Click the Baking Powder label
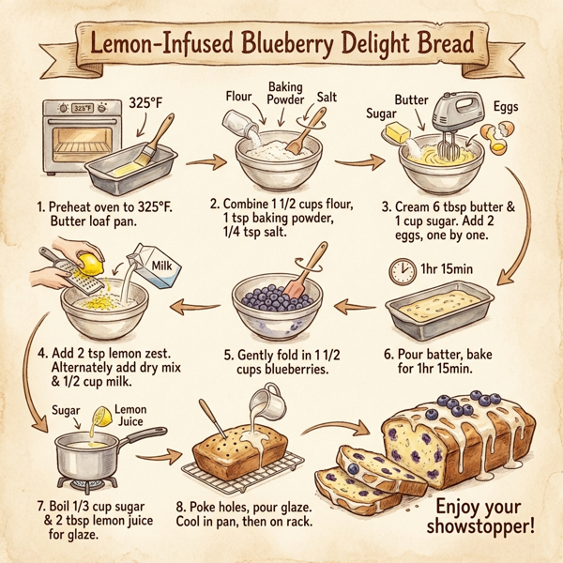coord(286,92)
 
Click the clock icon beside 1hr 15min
coord(402,272)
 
